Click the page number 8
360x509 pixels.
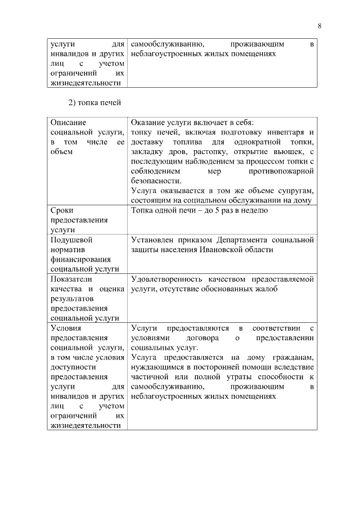point(319,25)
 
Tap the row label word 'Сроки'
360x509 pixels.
point(62,210)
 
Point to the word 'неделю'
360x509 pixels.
point(256,210)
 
